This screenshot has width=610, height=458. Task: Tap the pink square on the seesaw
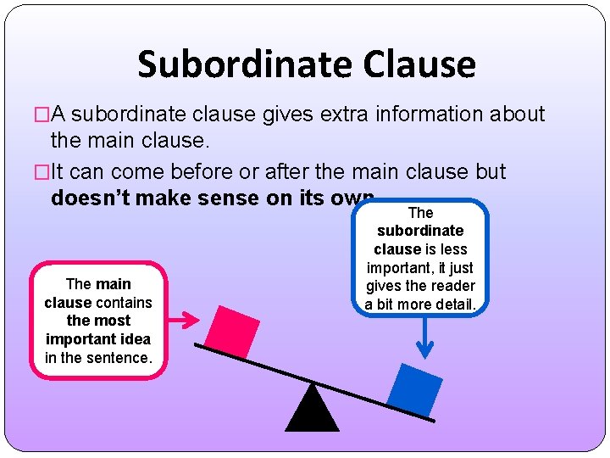232,330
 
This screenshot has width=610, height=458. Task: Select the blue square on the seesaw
415,389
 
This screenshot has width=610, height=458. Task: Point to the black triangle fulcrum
312,409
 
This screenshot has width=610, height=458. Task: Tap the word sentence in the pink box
119,358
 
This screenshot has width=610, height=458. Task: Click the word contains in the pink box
124,302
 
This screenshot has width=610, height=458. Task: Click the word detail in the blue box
453,304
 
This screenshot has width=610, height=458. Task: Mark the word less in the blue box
454,249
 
